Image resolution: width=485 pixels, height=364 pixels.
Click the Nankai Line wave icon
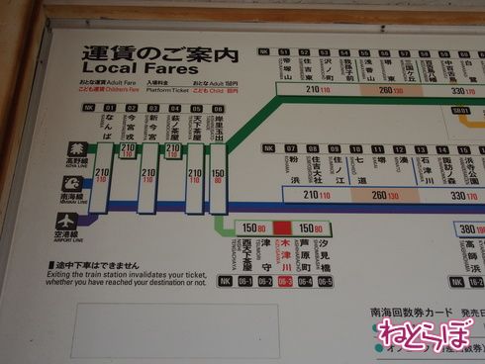pos(47,195)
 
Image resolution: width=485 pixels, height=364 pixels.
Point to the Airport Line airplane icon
pos(47,232)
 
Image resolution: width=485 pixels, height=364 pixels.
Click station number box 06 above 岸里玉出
pos(217,108)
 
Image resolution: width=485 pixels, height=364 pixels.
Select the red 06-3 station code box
pos(285,281)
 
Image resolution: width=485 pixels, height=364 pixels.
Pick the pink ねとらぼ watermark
pos(430,333)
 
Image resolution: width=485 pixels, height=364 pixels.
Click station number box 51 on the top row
pos(284,51)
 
